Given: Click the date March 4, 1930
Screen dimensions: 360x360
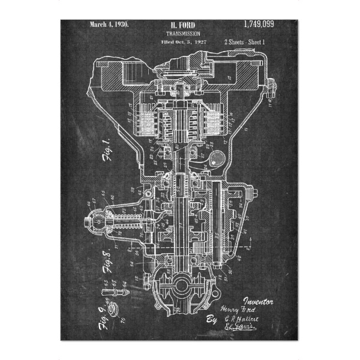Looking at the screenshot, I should (109, 25).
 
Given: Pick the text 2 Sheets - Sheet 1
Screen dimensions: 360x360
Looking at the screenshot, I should (248, 43).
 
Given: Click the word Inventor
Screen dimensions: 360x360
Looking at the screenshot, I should (259, 299).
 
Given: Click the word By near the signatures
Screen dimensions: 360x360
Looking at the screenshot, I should (211, 319).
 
